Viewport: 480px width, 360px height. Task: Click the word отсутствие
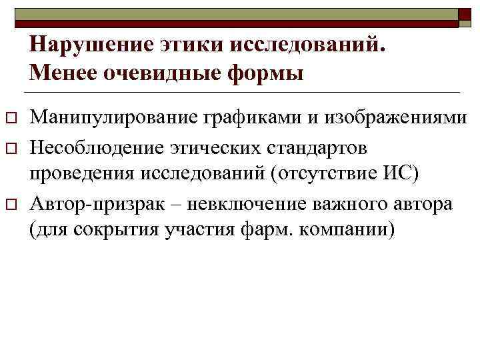[326, 174]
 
